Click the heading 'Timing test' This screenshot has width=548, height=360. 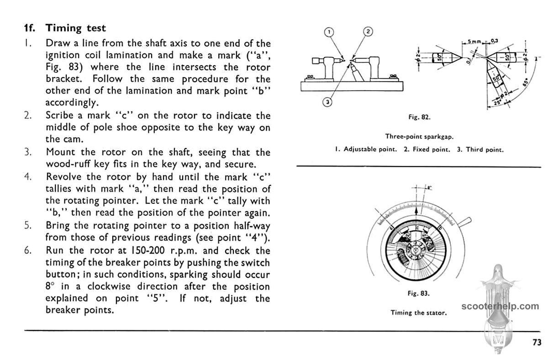coord(75,28)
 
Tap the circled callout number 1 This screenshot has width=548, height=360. coord(329,32)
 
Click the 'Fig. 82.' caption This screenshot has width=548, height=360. coord(419,117)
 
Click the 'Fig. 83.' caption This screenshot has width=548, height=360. coord(419,293)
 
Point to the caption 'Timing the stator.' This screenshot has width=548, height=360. coord(418,313)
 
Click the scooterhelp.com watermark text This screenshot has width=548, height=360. coord(500,306)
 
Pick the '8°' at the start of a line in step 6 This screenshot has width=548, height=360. coord(50,287)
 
